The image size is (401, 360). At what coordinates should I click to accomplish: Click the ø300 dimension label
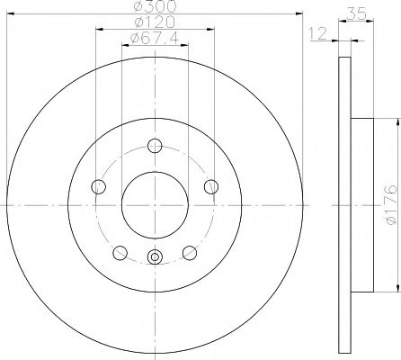tap(155, 6)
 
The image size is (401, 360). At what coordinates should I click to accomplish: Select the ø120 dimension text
tap(155, 22)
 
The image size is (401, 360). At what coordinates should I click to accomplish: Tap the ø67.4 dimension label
tap(155, 38)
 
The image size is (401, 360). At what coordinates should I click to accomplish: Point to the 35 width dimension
tap(356, 13)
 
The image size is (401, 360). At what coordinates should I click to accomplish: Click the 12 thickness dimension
tap(318, 33)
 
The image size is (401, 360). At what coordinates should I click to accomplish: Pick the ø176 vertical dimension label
tap(391, 204)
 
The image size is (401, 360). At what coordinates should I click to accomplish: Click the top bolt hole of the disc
tap(155, 146)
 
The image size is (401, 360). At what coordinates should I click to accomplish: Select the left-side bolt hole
tap(98, 186)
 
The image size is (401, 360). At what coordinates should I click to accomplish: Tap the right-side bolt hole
tap(211, 186)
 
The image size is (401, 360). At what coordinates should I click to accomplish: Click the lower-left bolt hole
tap(120, 253)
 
